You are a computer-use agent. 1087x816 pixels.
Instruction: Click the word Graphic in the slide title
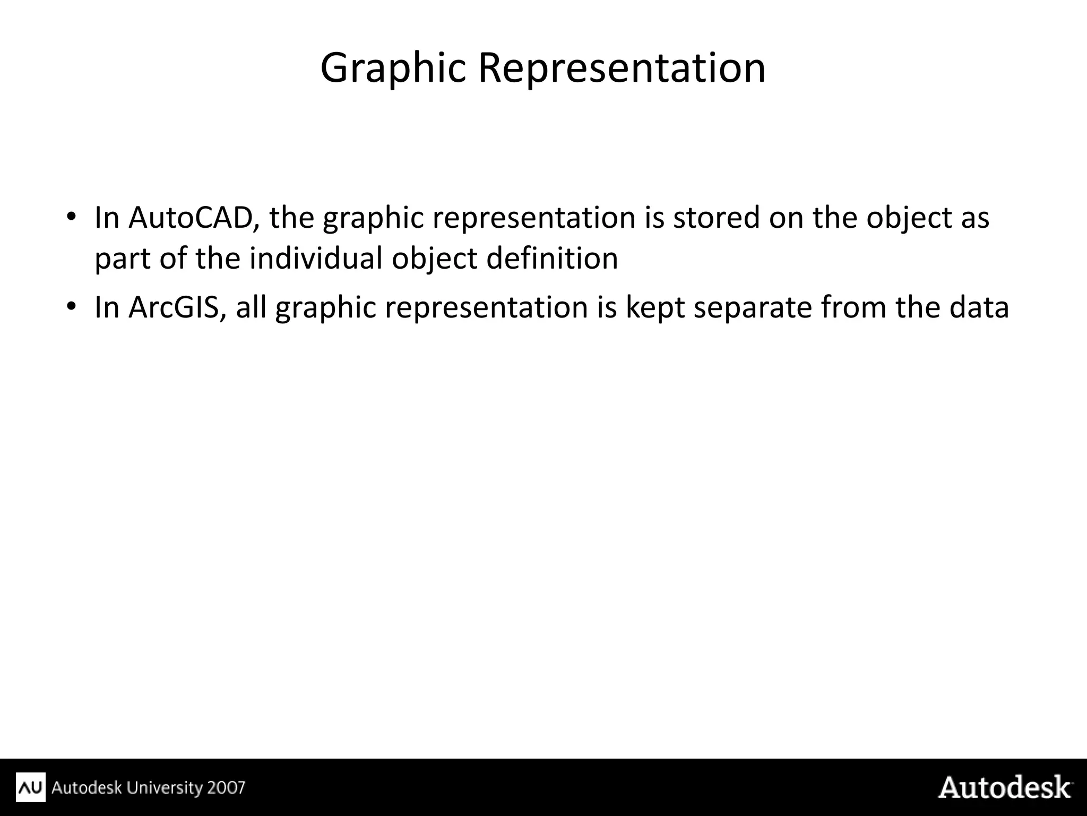click(393, 69)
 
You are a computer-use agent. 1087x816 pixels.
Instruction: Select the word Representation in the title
click(622, 69)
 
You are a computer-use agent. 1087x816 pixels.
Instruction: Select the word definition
click(552, 259)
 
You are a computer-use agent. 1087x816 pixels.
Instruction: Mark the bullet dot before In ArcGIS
click(72, 307)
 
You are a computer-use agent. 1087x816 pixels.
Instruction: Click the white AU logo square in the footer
click(31, 787)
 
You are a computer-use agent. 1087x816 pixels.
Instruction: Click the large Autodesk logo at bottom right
click(1005, 787)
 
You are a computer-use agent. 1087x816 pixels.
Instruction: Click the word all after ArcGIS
click(251, 307)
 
